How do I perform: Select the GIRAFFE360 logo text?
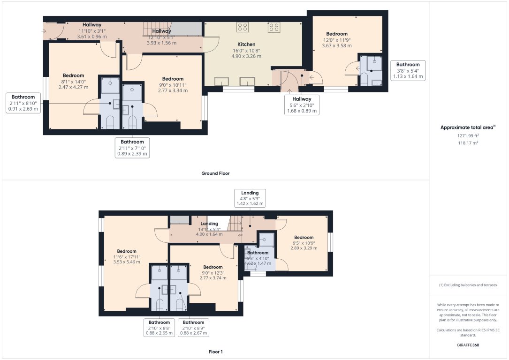point(468,345)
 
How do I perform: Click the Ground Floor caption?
point(215,173)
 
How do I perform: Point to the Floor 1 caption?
point(215,352)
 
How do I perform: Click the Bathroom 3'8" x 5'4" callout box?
point(408,70)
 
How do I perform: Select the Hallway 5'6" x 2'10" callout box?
point(302,105)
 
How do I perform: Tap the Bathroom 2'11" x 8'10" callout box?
point(23,103)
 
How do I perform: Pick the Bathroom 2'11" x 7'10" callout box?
point(132,147)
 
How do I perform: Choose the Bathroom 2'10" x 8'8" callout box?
point(159,328)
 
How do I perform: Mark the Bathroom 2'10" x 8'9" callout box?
point(193,328)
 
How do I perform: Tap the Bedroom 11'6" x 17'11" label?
point(127,256)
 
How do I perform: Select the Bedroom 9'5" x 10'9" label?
point(304,242)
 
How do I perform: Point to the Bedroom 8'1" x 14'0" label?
point(73,81)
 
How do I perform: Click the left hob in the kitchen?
point(243,28)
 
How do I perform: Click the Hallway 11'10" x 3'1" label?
point(92,30)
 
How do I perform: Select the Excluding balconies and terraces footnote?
point(468,285)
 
